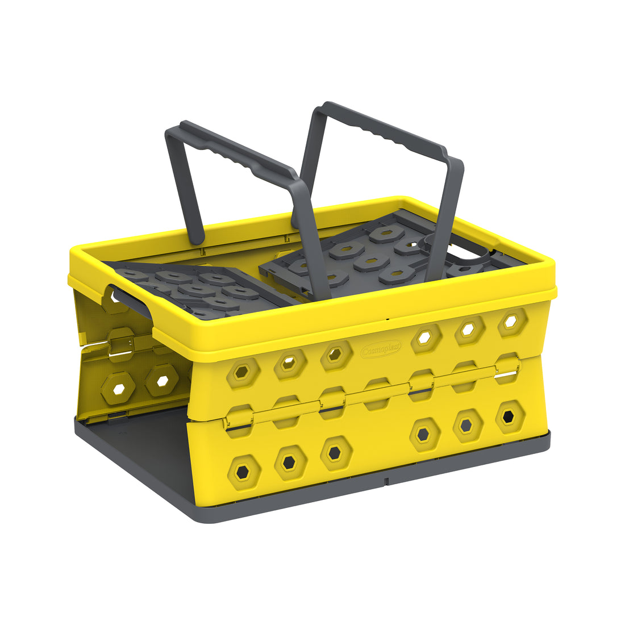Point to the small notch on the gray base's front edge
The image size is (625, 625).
click(386, 482)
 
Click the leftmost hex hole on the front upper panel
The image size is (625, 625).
click(243, 373)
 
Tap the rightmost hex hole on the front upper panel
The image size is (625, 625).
click(511, 320)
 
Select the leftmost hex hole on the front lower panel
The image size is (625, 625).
click(243, 471)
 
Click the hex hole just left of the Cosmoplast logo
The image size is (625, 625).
click(336, 355)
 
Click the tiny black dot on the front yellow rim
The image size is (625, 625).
click(388, 319)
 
